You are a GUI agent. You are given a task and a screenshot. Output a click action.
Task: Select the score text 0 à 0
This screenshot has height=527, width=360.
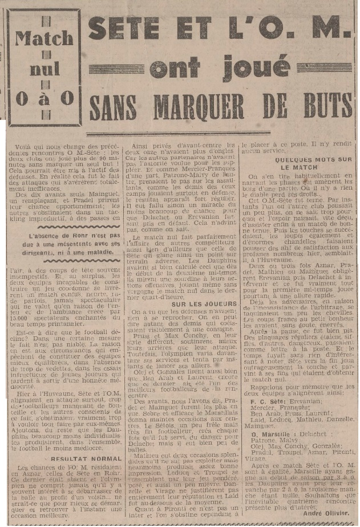[44, 98]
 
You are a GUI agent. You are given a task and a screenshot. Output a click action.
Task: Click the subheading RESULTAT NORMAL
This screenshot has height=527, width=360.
[79, 442]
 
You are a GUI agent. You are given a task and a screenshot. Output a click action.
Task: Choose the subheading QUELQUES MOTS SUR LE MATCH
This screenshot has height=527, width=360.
[300, 164]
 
